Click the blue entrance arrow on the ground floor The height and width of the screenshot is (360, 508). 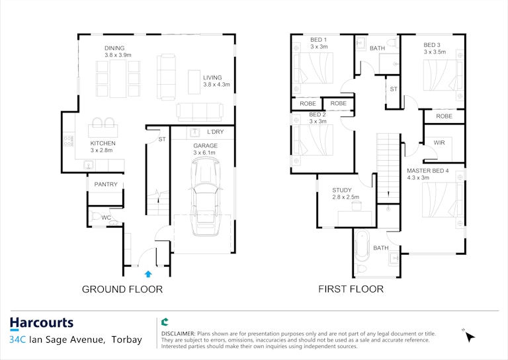click(148, 274)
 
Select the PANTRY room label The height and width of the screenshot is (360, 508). click(106, 185)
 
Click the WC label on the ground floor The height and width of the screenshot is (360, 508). click(106, 218)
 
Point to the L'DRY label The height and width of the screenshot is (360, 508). click(216, 132)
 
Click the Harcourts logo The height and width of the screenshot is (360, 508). click(42, 324)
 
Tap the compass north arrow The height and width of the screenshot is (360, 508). click(468, 336)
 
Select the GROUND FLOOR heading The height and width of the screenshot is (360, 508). click(122, 289)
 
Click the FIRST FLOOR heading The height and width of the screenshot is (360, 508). click(351, 289)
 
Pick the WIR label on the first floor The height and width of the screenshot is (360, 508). click(439, 142)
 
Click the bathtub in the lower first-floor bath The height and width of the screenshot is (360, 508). click(362, 246)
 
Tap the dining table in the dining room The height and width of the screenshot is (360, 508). click(118, 78)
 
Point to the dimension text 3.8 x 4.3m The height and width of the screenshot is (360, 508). click(216, 85)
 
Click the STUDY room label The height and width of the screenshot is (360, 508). click(342, 190)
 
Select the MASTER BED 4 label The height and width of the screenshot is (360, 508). click(428, 171)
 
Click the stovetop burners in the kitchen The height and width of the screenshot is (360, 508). click(68, 141)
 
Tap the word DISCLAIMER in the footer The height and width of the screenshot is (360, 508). click(178, 334)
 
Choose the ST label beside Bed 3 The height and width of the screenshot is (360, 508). click(394, 89)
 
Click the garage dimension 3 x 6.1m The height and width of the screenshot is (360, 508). click(204, 153)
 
